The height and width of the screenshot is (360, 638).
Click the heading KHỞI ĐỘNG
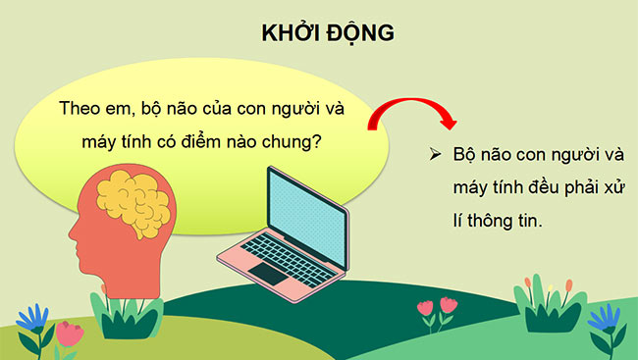pyautogui.click(x=327, y=32)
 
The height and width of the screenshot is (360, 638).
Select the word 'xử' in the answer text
pyautogui.click(x=614, y=189)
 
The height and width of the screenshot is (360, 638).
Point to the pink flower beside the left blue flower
pyautogui.click(x=68, y=334)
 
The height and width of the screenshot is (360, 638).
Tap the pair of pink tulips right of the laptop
pyautogui.click(x=437, y=306)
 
